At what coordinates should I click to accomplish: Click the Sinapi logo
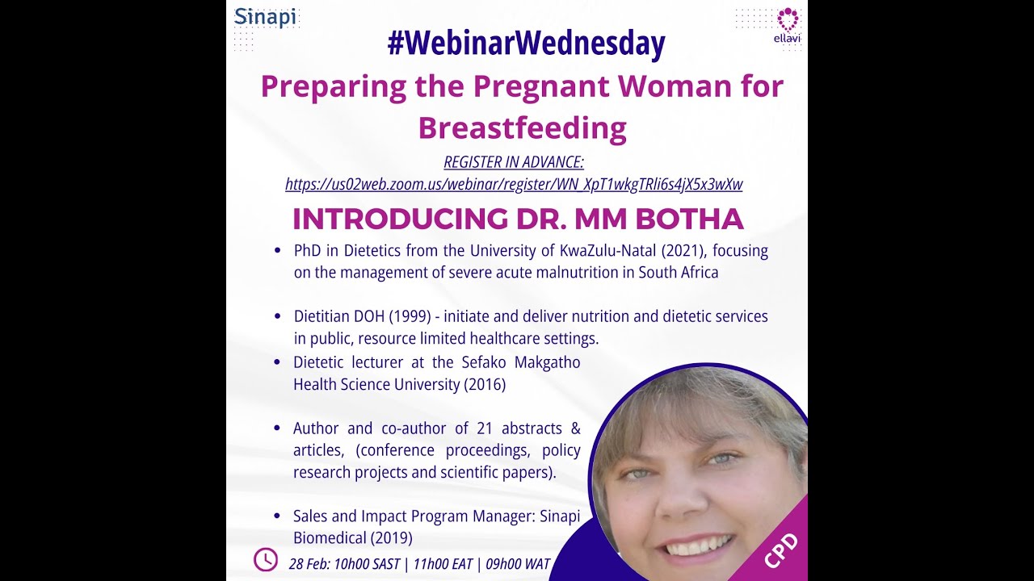coord(266,17)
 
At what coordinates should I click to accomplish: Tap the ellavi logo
coord(787,25)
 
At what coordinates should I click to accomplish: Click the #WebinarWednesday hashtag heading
coord(526,44)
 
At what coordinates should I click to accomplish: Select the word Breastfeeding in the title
coord(522,127)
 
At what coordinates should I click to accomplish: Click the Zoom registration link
coord(514,184)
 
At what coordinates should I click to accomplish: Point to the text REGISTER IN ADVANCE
coord(514,162)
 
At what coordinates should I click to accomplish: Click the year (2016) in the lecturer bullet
coord(484,385)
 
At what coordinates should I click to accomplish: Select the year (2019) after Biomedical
coord(390,537)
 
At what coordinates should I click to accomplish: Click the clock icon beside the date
coord(266,559)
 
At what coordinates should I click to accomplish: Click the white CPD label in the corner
coord(780,551)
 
